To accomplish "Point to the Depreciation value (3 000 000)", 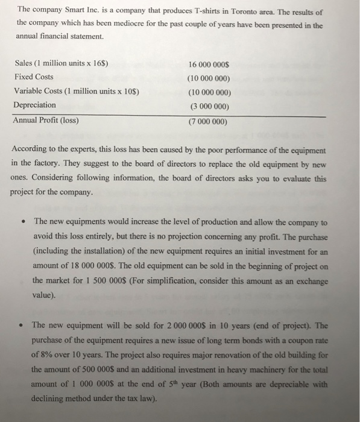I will point(209,107).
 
